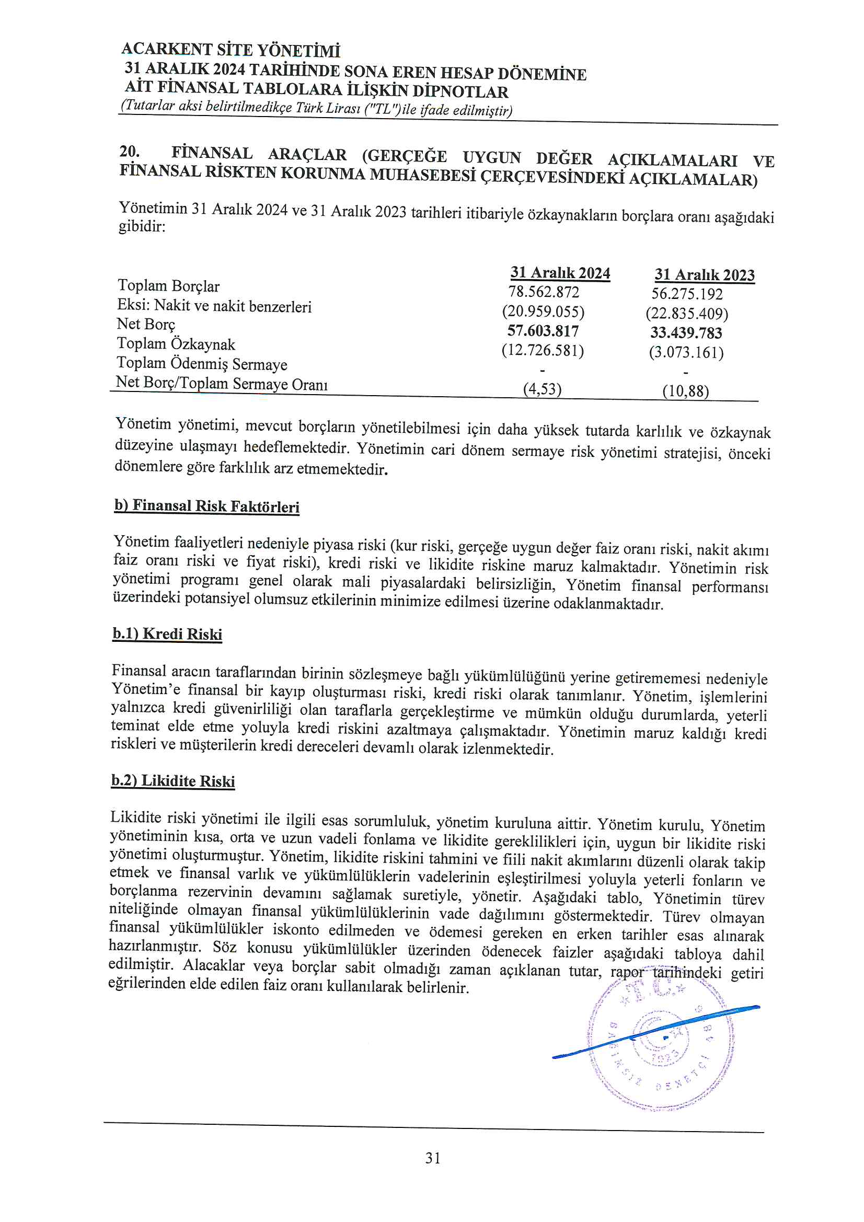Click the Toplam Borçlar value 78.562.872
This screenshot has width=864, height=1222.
pyautogui.click(x=543, y=292)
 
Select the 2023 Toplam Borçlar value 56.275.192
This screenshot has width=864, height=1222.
pyautogui.click(x=687, y=294)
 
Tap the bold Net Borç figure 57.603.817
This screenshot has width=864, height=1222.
pyautogui.click(x=543, y=331)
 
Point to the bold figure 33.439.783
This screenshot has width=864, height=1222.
pyautogui.click(x=686, y=333)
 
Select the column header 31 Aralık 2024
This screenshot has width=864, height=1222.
pyautogui.click(x=560, y=273)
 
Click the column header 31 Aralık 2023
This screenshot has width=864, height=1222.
pyautogui.click(x=704, y=275)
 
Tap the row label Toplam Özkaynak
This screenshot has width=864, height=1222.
pyautogui.click(x=176, y=344)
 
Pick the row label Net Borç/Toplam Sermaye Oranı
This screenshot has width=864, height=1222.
pyautogui.click(x=222, y=383)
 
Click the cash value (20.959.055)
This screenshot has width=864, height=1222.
pyautogui.click(x=543, y=312)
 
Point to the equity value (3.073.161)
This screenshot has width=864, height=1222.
pyautogui.click(x=686, y=352)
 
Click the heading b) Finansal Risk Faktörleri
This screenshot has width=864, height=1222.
pyautogui.click(x=206, y=505)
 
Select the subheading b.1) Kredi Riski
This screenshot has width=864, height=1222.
pyautogui.click(x=167, y=634)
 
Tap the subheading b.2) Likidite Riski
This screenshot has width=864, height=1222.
pyautogui.click(x=173, y=781)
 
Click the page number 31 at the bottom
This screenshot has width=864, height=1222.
pyautogui.click(x=433, y=1158)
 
